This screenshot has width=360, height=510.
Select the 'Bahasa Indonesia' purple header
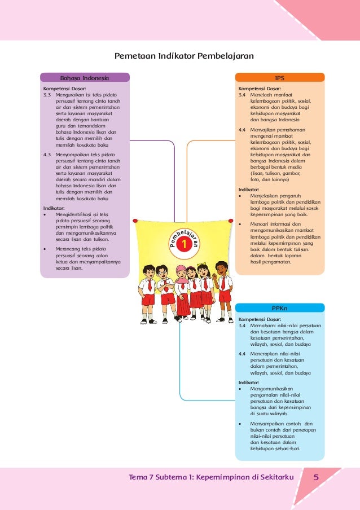pyautogui.click(x=85, y=78)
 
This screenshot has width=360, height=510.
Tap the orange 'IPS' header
pyautogui.click(x=279, y=78)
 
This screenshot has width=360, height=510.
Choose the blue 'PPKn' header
pyautogui.click(x=279, y=308)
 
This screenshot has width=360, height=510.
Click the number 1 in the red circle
pyautogui.click(x=184, y=245)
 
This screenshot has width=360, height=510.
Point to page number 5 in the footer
pyautogui.click(x=317, y=478)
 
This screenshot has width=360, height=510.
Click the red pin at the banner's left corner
pyautogui.click(x=136, y=221)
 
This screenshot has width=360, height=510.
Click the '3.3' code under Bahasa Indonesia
pyautogui.click(x=47, y=95)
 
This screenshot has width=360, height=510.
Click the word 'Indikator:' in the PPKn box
pyautogui.click(x=249, y=382)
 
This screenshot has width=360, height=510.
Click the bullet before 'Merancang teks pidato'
pyautogui.click(x=45, y=248)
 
